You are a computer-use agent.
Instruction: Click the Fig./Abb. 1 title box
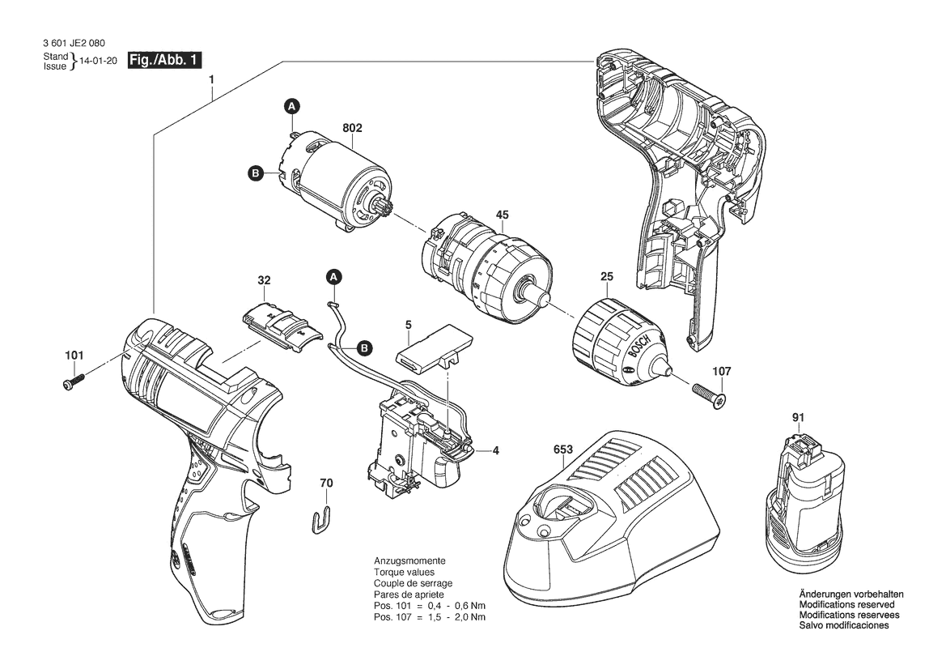coord(164,60)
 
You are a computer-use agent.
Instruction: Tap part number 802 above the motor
coord(352,128)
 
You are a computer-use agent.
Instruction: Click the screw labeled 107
coord(710,395)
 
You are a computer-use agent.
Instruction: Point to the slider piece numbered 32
coord(281,326)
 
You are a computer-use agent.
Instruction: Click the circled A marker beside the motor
coord(292,107)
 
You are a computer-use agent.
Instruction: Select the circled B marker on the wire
coord(364,347)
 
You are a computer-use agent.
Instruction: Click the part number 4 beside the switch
coord(496,450)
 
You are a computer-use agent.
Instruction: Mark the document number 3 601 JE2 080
coord(74,44)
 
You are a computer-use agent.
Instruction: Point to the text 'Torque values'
coord(405,572)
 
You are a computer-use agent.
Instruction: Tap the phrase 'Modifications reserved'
coord(846,604)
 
